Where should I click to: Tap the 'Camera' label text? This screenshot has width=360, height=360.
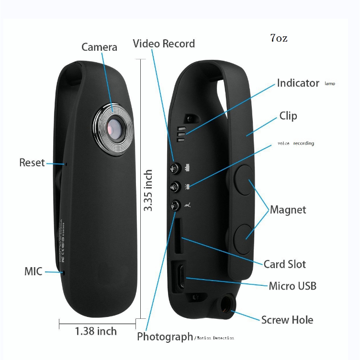[x=99, y=47]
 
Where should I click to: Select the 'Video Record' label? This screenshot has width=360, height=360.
[x=164, y=44]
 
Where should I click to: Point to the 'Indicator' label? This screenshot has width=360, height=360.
[x=298, y=83]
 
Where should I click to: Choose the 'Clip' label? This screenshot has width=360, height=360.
[x=288, y=116]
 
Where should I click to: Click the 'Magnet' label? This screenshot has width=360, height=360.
[x=288, y=210]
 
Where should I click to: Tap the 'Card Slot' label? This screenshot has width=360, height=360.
[x=284, y=264]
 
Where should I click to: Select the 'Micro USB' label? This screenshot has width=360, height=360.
[x=292, y=286]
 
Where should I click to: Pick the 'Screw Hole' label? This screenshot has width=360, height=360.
[x=287, y=320]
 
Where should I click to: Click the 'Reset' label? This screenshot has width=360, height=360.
[x=32, y=162]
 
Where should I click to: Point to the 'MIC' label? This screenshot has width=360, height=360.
[x=34, y=271]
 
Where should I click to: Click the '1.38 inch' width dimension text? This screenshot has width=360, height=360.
[x=96, y=331]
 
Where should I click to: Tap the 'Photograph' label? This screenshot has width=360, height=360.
[x=165, y=337]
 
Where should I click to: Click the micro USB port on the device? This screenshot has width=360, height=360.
[x=181, y=277]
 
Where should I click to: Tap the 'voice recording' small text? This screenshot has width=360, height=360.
[x=296, y=144]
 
